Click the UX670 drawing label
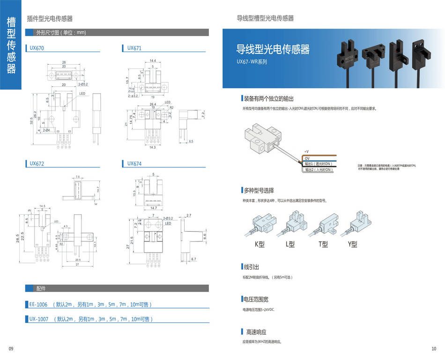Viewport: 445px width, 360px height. [x=37, y=48]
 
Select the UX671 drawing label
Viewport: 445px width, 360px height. [x=134, y=48]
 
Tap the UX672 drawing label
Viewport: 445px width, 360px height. [x=37, y=164]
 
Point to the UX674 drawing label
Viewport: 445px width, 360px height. [x=134, y=164]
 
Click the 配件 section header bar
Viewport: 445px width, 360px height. [x=117, y=288]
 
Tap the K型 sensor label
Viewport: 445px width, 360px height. [x=260, y=244]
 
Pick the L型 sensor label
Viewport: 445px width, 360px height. [x=290, y=244]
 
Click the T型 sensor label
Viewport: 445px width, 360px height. [x=323, y=244]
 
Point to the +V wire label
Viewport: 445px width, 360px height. [x=306, y=152]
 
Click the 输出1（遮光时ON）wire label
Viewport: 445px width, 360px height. [x=318, y=164]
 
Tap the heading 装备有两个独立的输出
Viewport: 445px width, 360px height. [x=268, y=99]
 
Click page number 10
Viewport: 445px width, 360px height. [x=433, y=349]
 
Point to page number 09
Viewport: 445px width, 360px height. [x=11, y=349]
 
